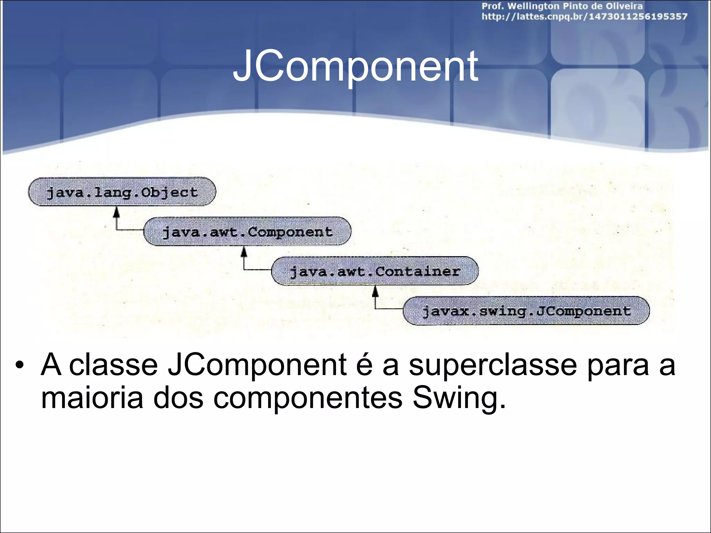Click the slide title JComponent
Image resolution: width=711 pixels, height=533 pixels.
(355, 66)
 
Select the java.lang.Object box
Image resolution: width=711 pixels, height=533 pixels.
(122, 192)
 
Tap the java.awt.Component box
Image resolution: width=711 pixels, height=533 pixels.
(247, 231)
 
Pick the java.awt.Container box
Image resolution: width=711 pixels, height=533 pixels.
(375, 271)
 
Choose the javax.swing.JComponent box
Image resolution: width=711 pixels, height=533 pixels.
(526, 311)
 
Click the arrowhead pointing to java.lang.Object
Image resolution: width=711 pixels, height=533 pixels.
(117, 212)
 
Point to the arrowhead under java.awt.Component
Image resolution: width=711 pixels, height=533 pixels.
(244, 251)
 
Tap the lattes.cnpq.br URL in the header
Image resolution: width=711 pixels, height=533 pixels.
(584, 17)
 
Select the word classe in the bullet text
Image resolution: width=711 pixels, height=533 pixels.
(113, 365)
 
